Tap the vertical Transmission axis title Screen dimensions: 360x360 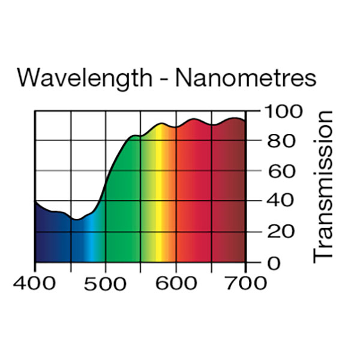coord(323,186)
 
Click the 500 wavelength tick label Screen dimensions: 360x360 coord(106,283)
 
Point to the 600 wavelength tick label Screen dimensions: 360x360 coord(176,283)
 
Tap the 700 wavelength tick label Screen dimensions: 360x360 coord(245,283)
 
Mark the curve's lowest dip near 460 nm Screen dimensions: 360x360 coord(76,220)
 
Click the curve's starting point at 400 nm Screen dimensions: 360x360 coord(35,202)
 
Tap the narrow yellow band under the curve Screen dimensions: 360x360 coord(160,198)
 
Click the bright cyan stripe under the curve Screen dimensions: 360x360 coord(88,240)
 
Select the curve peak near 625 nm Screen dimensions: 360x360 coord(193,119)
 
